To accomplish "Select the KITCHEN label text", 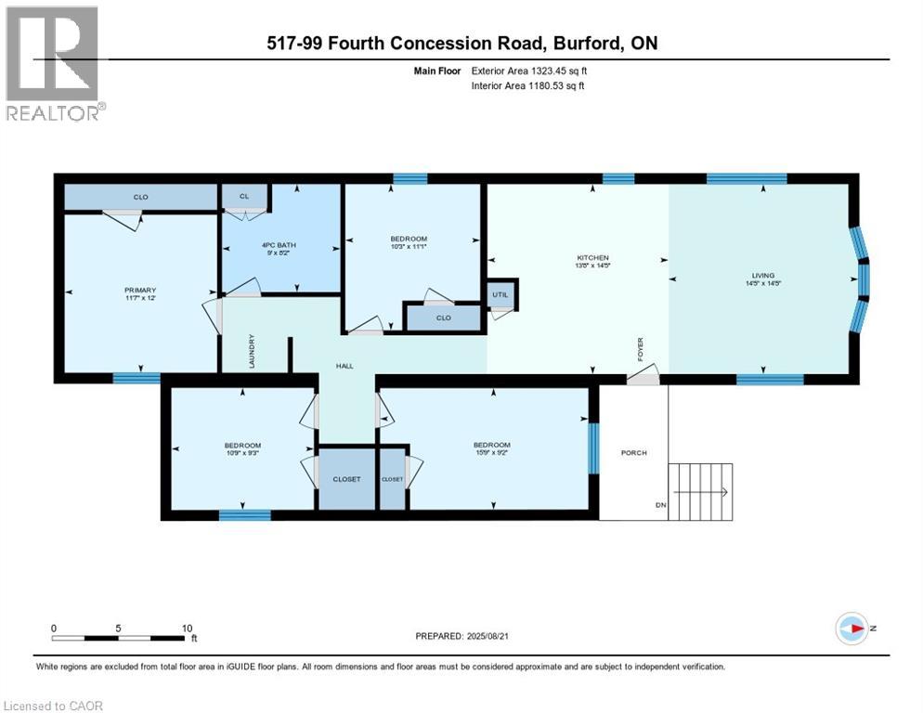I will (591, 257).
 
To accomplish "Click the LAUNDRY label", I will (252, 351).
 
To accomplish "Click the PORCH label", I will (633, 453).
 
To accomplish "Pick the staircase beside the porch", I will (703, 492).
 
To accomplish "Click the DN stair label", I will (660, 505).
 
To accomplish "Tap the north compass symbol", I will (851, 629).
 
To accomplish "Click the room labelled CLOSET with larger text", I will (346, 479).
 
